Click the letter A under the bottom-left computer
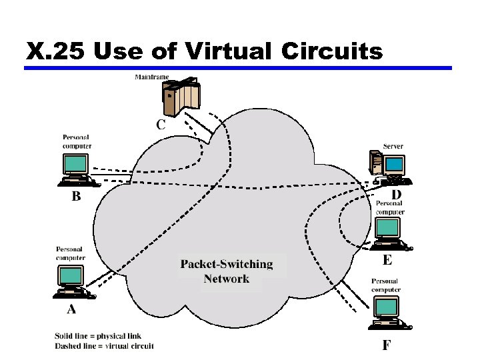[71, 309]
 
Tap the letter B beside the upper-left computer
[77, 196]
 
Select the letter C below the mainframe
[161, 124]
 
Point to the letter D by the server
[396, 195]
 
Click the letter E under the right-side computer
[387, 259]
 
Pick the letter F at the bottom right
[387, 345]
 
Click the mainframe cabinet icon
[181, 97]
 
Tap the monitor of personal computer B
[77, 164]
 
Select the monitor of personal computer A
[71, 275]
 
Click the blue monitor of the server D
[395, 163]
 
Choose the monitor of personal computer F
[386, 307]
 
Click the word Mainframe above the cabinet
[151, 77]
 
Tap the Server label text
[393, 146]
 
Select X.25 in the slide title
[57, 51]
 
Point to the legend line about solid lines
[98, 335]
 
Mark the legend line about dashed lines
[104, 345]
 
